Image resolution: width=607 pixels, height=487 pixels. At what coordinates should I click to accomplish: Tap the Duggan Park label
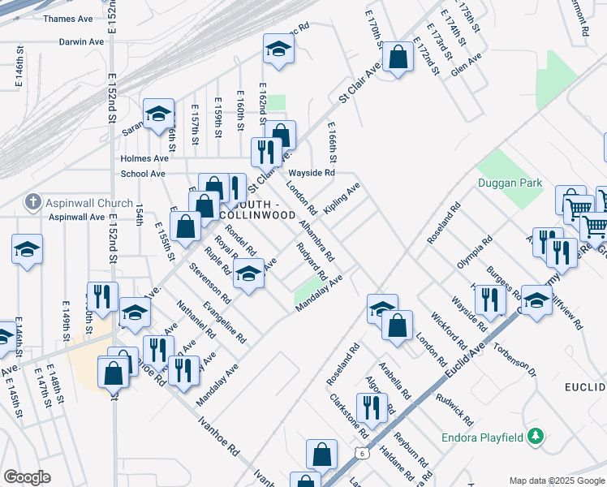pos(509,183)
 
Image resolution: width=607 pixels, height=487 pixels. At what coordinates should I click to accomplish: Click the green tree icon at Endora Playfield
pos(535,437)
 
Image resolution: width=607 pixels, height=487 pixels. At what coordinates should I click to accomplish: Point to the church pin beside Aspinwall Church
pos(33,201)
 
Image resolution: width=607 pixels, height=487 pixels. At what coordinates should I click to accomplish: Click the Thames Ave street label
pos(69,18)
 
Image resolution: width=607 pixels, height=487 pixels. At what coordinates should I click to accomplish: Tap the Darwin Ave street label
pos(81,41)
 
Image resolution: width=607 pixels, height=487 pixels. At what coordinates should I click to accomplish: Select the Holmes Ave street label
pos(143,159)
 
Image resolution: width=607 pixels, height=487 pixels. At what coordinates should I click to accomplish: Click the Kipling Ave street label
pos(342,199)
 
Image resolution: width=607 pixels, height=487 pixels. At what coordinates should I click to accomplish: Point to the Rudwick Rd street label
pos(454,410)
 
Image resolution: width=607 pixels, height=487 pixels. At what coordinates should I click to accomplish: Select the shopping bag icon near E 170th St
pos(398,57)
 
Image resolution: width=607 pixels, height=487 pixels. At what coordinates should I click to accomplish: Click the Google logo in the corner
pos(27,477)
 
